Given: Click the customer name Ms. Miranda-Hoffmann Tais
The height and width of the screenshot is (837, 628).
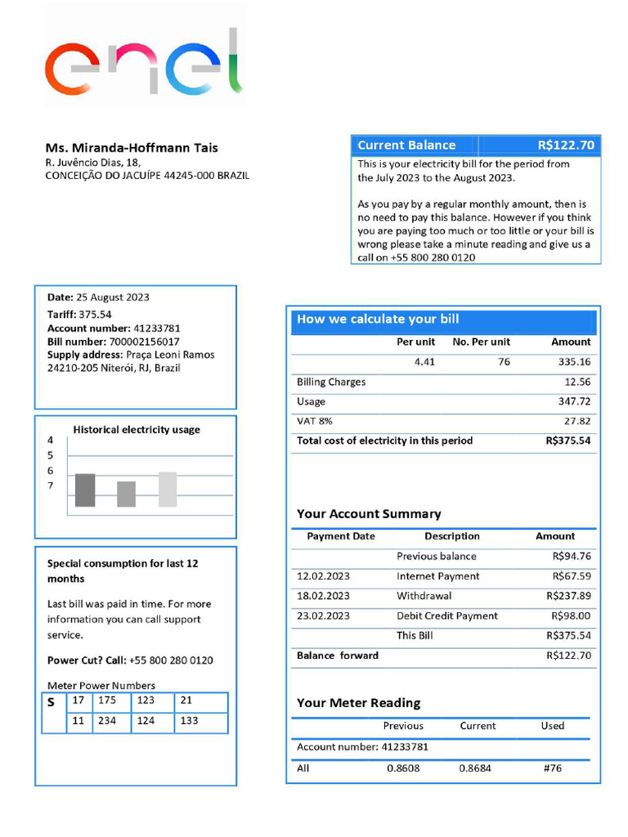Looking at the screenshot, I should pyautogui.click(x=132, y=148).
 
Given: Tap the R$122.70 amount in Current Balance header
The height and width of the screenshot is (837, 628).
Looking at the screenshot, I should pyautogui.click(x=566, y=145).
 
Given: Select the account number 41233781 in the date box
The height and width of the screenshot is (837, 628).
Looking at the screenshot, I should pyautogui.click(x=157, y=329).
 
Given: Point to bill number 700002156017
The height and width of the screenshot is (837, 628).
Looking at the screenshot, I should pyautogui.click(x=144, y=342).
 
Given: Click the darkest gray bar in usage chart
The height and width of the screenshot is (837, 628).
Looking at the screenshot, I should pyautogui.click(x=85, y=490).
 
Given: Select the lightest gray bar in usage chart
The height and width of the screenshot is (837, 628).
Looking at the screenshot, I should pyautogui.click(x=168, y=490).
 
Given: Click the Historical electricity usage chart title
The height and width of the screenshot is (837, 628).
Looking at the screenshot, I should pyautogui.click(x=137, y=430).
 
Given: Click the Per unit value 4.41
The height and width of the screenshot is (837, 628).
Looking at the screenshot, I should pyautogui.click(x=424, y=362).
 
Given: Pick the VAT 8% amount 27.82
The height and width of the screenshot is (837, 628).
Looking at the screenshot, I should pyautogui.click(x=576, y=421).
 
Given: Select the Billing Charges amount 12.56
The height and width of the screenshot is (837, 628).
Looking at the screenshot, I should pyautogui.click(x=576, y=382).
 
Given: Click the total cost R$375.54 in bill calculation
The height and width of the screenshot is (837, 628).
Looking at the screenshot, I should pyautogui.click(x=567, y=441).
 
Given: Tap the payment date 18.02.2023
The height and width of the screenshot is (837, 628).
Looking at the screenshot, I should pyautogui.click(x=323, y=596).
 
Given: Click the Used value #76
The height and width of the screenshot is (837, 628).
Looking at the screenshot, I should pyautogui.click(x=552, y=768).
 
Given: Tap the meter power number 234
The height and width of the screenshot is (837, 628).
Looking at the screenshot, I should pyautogui.click(x=107, y=721).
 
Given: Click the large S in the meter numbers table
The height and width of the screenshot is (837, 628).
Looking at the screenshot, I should pyautogui.click(x=52, y=702).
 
